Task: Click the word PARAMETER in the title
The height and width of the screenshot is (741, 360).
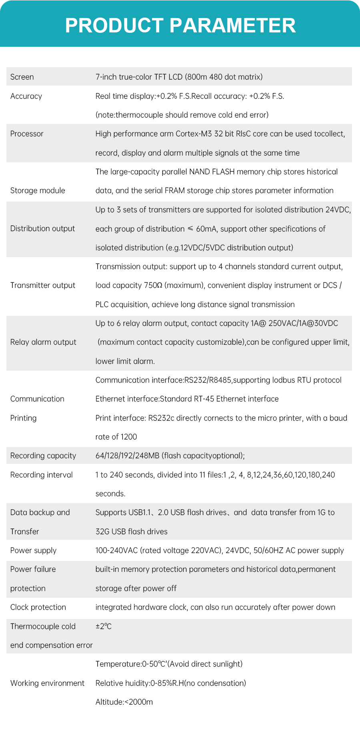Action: coord(232,26)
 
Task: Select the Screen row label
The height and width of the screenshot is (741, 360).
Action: coord(22,77)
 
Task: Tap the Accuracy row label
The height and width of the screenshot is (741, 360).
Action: coord(26,96)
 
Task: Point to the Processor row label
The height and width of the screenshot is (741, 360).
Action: coord(27,134)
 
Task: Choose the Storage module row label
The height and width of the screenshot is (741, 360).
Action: coord(38,190)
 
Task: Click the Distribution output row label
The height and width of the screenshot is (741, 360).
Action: coord(42,228)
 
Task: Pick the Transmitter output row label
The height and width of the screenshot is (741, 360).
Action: coord(43,285)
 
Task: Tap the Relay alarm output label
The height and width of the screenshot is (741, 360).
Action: coord(43,342)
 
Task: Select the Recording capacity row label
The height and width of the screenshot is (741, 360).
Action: coord(43,455)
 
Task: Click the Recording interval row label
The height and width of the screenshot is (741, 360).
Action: coord(42,475)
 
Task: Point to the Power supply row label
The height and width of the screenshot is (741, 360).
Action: coord(33,550)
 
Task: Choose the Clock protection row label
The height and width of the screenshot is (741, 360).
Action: coord(38,607)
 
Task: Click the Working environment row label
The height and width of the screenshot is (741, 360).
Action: coord(47,683)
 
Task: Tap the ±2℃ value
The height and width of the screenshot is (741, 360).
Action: coord(104,626)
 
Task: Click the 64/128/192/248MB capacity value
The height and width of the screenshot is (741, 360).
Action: coord(127,455)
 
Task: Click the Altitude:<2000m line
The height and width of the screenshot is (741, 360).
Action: coord(124,702)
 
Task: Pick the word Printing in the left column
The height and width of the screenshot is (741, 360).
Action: coord(23,418)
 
